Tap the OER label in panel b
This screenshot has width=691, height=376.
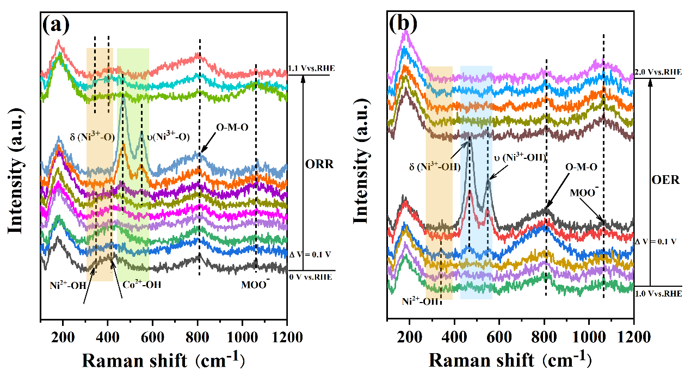tap(665, 179)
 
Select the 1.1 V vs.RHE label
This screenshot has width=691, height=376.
tap(311, 68)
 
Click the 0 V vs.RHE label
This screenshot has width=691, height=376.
tap(311, 276)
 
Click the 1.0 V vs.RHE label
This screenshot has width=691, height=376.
tap(658, 293)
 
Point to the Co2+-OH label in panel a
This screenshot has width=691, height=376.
tap(141, 284)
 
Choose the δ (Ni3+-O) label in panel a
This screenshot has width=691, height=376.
tap(92, 137)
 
